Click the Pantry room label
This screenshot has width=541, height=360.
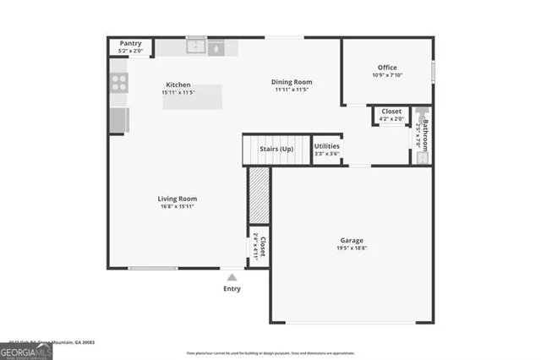(130, 43)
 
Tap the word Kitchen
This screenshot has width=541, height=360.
(178, 85)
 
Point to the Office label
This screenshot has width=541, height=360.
(387, 68)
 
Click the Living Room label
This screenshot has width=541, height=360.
(178, 199)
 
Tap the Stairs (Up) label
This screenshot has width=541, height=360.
(276, 149)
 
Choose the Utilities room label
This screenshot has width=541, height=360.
(327, 146)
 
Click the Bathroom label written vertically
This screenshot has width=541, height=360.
(425, 135)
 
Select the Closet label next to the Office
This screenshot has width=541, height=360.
(391, 111)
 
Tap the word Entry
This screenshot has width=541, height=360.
(232, 289)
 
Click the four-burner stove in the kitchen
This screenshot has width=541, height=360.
(119, 83)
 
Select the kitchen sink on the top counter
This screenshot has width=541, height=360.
(197, 47)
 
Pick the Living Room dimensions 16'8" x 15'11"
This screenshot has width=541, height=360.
(178, 206)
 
